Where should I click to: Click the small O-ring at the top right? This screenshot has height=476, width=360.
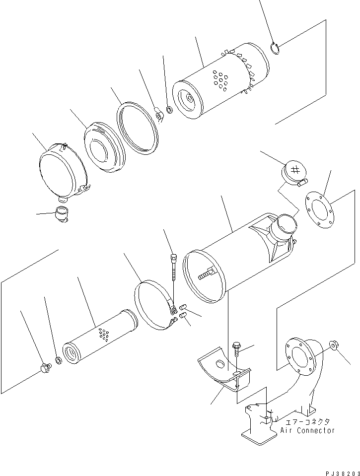coord(276,48)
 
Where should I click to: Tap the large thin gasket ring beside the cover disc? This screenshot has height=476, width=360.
coord(138,129)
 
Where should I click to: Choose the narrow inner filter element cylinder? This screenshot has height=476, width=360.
coord(99,337)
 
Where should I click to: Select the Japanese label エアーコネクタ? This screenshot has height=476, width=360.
coord(306,422)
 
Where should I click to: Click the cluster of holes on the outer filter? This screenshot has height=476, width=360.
coord(219,81)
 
